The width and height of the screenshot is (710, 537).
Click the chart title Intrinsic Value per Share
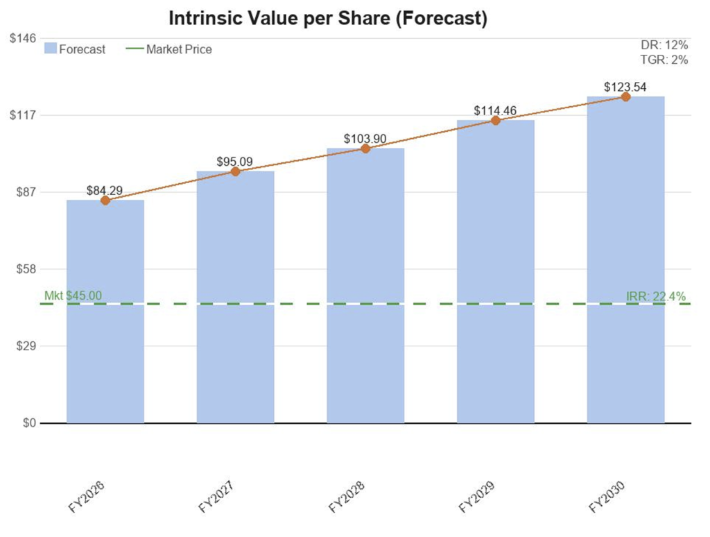click(x=328, y=19)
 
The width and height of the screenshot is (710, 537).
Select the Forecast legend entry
click(x=75, y=49)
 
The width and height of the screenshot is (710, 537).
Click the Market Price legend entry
click(x=169, y=49)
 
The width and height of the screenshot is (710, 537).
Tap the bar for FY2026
click(x=105, y=312)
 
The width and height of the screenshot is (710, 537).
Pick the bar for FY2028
click(x=365, y=285)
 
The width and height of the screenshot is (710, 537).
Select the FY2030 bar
click(x=626, y=259)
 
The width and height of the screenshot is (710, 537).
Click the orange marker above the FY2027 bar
click(x=236, y=171)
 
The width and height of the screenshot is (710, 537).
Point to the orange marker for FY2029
click(x=496, y=120)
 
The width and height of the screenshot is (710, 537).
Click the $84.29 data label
click(x=105, y=190)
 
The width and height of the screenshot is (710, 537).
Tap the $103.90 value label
click(x=365, y=139)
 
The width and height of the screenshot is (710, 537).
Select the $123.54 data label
click(x=625, y=87)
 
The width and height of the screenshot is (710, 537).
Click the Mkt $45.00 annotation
click(x=73, y=296)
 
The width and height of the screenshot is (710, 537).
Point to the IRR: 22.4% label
click(x=656, y=296)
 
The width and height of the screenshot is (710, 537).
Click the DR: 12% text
click(x=664, y=45)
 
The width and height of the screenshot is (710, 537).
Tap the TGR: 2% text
click(x=664, y=60)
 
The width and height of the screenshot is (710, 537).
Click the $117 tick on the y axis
click(x=23, y=115)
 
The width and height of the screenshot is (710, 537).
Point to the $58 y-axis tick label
click(x=26, y=268)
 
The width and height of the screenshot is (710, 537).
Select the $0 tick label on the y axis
click(x=29, y=423)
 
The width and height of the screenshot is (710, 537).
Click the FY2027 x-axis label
click(x=216, y=497)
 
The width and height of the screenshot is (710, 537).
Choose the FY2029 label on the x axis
click(x=477, y=497)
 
